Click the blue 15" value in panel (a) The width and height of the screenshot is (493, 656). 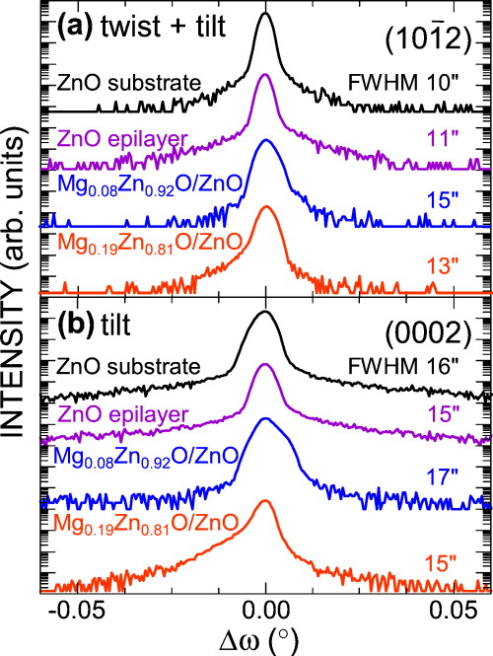click(455, 198)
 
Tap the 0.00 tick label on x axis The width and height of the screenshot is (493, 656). click(265, 604)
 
